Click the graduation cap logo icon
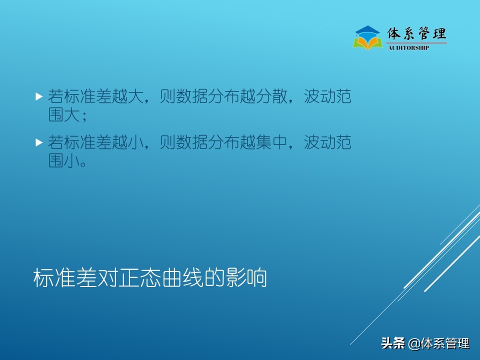pos(367,37)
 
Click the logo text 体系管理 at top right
pos(416,34)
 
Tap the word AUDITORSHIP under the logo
pos(408,48)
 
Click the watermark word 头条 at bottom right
pos(392,343)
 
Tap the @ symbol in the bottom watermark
pos(414,344)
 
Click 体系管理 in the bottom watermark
pos(445,343)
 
